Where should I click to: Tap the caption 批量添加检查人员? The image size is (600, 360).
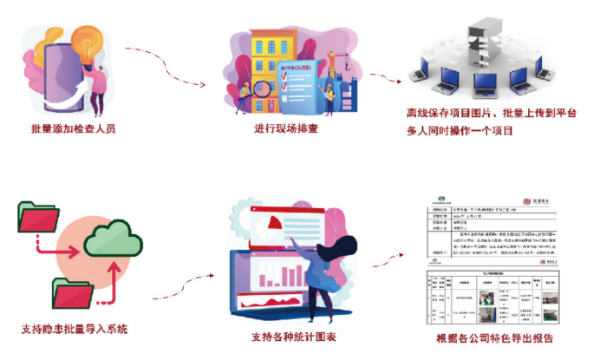[73, 129]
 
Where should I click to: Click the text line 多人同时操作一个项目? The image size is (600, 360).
[460, 131]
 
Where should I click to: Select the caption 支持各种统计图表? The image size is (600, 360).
[288, 337]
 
